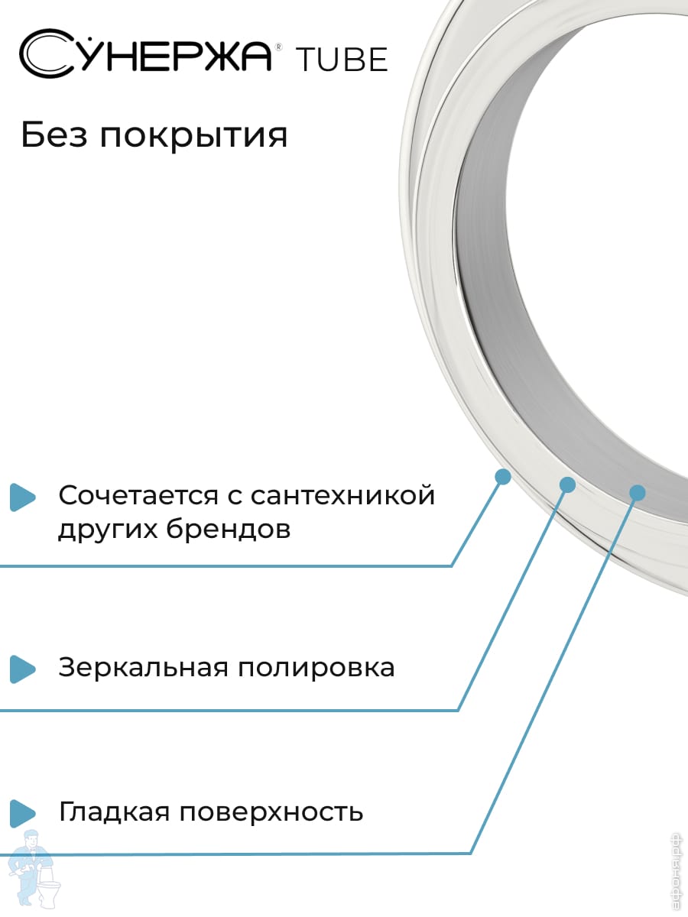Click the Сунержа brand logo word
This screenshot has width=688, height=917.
[146, 54]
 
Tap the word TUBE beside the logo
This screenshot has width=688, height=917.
[342, 60]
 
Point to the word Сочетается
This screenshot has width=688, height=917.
[138, 495]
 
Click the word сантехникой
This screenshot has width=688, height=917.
[343, 495]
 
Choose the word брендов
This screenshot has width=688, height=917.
[229, 529]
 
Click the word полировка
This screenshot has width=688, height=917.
[316, 669]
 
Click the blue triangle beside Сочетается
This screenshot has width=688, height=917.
[23, 497]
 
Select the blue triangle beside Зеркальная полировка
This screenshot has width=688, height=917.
[23, 669]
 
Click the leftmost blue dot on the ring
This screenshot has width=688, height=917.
[503, 477]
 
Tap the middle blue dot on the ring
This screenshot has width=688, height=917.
[567, 484]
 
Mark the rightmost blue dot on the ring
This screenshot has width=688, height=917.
[637, 493]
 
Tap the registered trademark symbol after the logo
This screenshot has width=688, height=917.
[278, 47]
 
